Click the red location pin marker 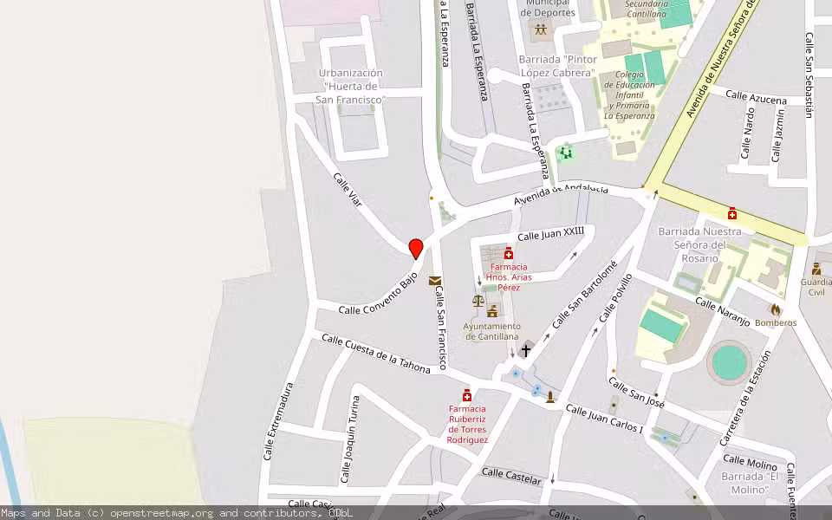pos(416,249)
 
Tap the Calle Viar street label pos(347,189)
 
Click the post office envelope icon pos(434,281)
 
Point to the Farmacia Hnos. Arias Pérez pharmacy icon pos(509,253)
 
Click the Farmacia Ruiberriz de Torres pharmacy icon pos(467,395)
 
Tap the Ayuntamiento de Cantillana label pos(492,331)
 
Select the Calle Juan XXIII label pos(550,234)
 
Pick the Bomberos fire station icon pos(775,309)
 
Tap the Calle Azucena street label pos(756,97)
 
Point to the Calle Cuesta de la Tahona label pos(375,354)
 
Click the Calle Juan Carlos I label pos(604,419)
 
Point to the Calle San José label pos(636,391)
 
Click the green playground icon pos(566,153)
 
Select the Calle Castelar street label pos(511,476)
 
